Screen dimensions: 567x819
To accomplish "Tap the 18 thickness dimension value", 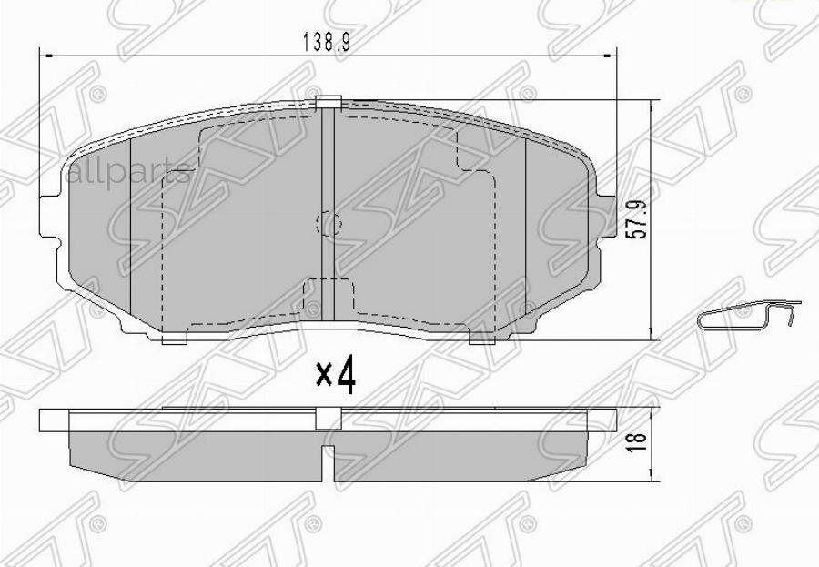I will (639, 439).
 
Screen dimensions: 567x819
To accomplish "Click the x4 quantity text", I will (334, 376).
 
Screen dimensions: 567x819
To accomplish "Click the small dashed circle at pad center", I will (327, 221).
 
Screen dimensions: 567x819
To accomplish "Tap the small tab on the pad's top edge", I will (328, 102).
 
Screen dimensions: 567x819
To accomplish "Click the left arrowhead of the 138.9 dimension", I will (45, 56).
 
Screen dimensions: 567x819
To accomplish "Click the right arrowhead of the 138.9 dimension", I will (612, 56).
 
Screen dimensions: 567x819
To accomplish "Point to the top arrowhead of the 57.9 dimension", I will (652, 106).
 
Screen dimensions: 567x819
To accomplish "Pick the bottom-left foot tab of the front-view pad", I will (173, 339).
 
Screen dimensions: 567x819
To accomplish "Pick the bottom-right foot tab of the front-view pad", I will (481, 339).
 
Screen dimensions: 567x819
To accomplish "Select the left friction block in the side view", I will (196, 451).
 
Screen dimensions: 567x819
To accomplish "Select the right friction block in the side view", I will (460, 451).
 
